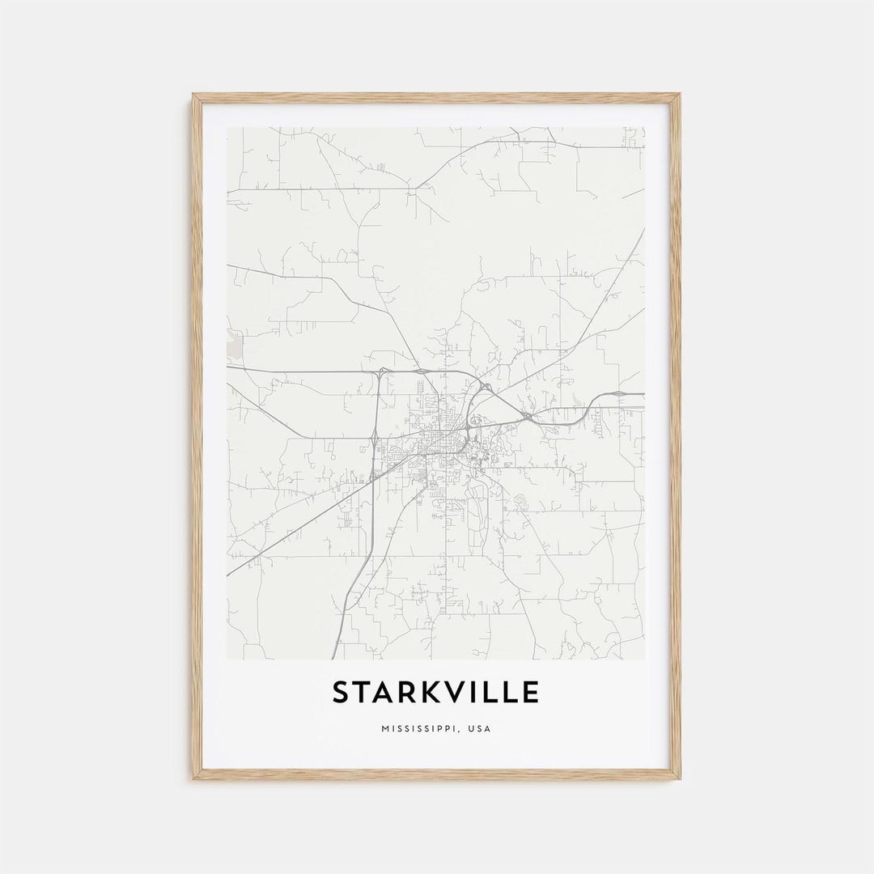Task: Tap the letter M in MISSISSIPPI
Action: click(384, 729)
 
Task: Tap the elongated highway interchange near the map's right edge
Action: click(618, 394)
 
